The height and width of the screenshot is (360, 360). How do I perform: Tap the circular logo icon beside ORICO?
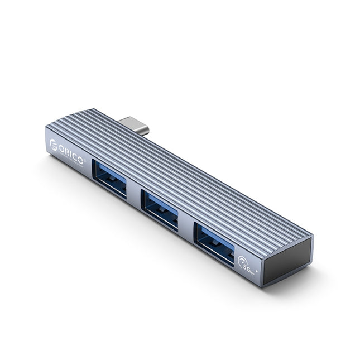click(54, 145)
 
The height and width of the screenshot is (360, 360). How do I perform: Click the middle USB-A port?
click(160, 205)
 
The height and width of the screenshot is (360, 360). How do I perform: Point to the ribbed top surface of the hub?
click(184, 167)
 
